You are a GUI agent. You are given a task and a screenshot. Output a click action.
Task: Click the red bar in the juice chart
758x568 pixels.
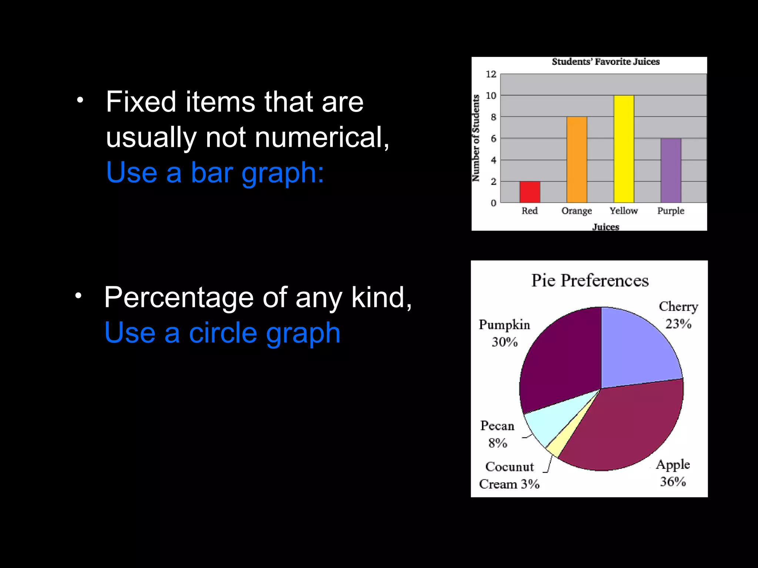tap(530, 192)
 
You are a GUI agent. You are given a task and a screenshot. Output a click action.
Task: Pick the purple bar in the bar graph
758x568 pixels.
tap(671, 170)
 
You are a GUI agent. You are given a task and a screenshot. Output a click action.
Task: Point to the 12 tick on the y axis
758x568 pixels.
tap(491, 74)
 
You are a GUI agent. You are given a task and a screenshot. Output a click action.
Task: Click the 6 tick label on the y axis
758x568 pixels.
tap(493, 139)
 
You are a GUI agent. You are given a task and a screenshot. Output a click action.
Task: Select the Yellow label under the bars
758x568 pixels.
tap(624, 211)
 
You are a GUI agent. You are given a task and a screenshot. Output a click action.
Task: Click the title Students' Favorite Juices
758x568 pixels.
tap(606, 62)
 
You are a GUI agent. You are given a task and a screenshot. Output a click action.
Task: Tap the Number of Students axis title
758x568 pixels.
tap(476, 138)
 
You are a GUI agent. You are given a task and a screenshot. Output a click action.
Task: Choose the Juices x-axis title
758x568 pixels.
tap(606, 227)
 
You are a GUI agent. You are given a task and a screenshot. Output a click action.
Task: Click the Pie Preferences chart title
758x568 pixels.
tap(590, 280)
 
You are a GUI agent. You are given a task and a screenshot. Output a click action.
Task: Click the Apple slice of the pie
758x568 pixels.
tap(629, 425)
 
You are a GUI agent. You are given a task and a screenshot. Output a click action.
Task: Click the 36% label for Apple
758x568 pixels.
tap(673, 481)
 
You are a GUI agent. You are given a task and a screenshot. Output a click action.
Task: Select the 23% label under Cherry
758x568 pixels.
tap(678, 324)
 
